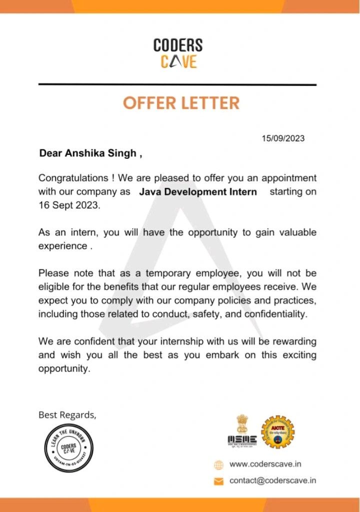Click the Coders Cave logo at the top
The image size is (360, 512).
tap(178, 53)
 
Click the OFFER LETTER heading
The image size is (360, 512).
tap(181, 103)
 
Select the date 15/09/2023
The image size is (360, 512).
tap(283, 138)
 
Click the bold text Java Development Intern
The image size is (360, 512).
tap(198, 192)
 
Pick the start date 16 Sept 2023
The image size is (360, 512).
tap(69, 205)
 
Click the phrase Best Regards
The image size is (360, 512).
tap(67, 415)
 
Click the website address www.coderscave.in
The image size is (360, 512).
tap(265, 464)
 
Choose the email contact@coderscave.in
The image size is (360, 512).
tap(272, 481)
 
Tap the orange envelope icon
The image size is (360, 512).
tap(218, 481)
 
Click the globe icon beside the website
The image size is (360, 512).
tap(218, 465)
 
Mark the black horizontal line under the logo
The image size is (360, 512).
tap(177, 85)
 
